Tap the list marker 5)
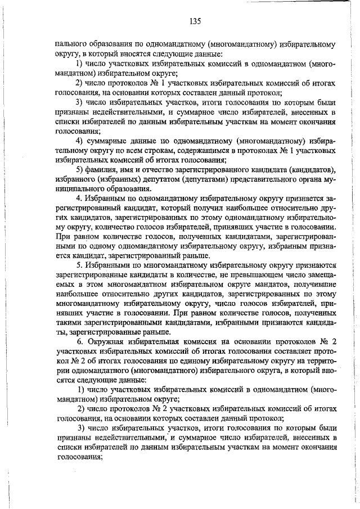[x=80, y=170]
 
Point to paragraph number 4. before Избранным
[x=80, y=199]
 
